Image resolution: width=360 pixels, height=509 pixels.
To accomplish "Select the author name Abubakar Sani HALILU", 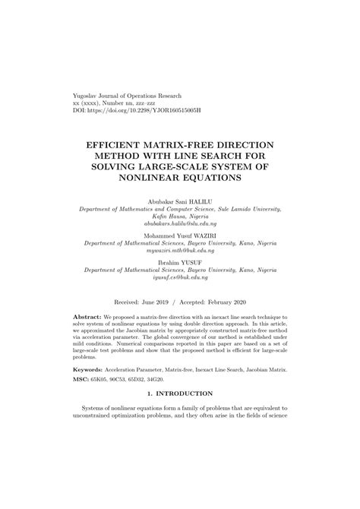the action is (x=180, y=200).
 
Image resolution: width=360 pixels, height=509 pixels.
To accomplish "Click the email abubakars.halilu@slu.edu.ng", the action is (x=180, y=225).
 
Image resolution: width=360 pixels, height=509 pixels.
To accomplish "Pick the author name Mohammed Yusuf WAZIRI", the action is (x=180, y=237).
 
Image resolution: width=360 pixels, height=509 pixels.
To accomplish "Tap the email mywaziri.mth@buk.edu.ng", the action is (x=180, y=254).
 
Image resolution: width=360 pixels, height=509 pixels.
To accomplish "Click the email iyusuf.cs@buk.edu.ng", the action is (x=180, y=280).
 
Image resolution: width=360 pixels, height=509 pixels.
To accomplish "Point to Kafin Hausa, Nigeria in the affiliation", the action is (x=180, y=217).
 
